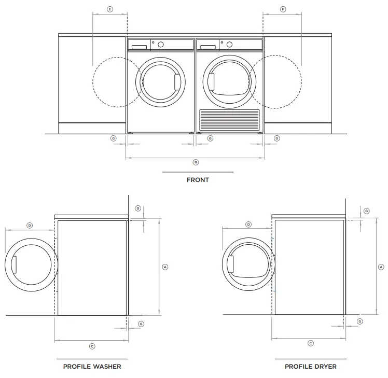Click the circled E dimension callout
(109, 9)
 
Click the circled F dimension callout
(283, 9)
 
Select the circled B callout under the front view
(196, 162)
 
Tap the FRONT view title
(198, 180)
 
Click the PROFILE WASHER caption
(92, 366)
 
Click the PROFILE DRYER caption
(310, 366)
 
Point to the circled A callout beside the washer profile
(165, 267)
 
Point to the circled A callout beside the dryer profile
(381, 267)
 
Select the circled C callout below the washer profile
(92, 346)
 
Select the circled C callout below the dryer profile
(311, 343)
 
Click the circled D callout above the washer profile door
(30, 226)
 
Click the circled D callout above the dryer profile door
(248, 225)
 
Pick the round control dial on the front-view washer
(161, 45)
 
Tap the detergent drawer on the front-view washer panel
(139, 47)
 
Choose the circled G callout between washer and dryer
(210, 138)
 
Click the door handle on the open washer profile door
(15, 264)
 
